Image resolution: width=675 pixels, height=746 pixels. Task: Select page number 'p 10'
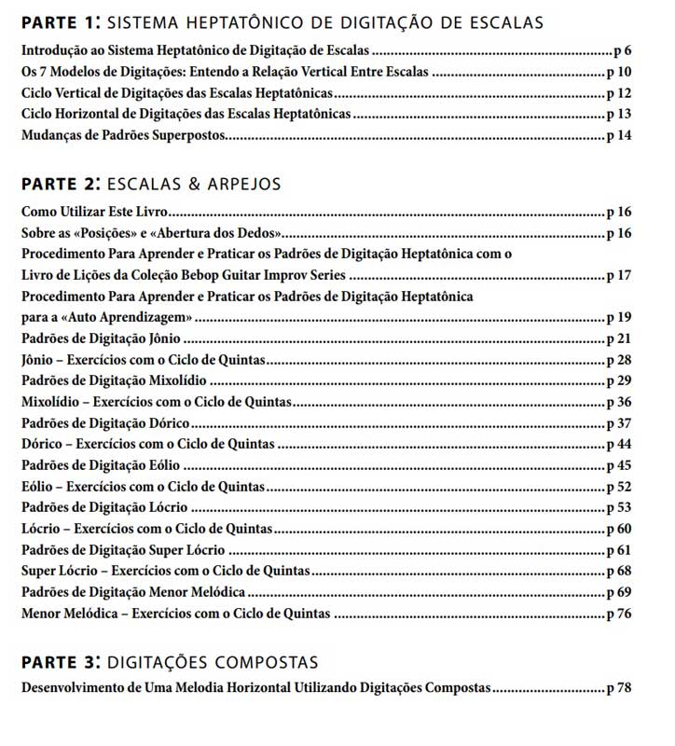[x=619, y=71]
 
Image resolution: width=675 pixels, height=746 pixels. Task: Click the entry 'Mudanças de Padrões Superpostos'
[x=123, y=136]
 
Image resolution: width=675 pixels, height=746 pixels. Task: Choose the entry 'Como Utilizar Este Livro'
[x=94, y=212]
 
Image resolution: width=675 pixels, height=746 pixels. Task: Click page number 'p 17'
[x=619, y=275]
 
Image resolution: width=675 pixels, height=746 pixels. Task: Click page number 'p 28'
[x=619, y=360]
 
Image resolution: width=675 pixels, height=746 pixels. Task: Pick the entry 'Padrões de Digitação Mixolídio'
[x=114, y=381]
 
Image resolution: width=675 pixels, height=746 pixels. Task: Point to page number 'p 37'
[x=619, y=423]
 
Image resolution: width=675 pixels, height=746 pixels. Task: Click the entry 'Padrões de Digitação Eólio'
[x=101, y=465]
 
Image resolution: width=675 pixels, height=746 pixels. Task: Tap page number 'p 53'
[x=619, y=507]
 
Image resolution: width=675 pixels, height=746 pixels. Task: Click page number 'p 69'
[x=619, y=592]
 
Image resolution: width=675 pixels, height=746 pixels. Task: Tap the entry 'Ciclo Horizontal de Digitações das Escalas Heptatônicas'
[x=186, y=115]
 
